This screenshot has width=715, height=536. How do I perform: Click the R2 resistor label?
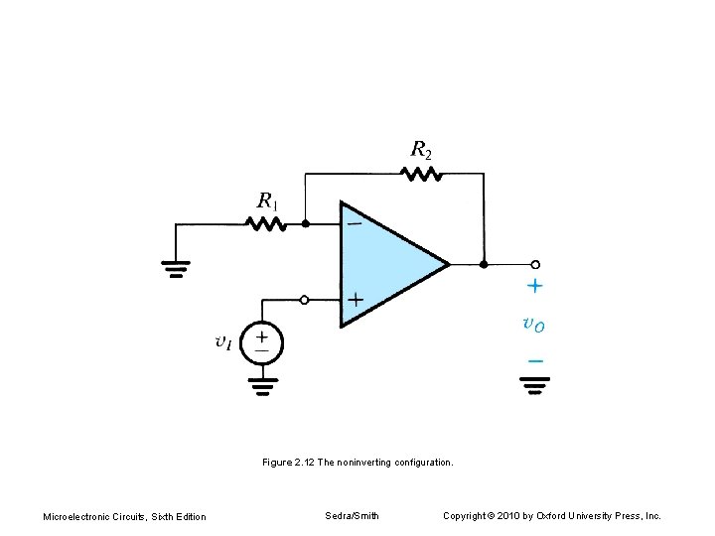click(422, 150)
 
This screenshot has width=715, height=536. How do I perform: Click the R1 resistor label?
click(268, 201)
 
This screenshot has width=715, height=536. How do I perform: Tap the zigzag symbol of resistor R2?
click(421, 174)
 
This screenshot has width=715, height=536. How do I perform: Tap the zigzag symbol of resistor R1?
click(267, 224)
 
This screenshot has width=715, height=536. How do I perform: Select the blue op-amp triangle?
click(387, 264)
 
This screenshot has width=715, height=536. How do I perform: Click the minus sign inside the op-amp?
click(355, 223)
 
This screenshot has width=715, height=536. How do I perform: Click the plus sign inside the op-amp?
click(355, 298)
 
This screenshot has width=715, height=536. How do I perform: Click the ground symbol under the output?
click(535, 385)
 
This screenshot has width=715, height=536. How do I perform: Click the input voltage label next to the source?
click(223, 342)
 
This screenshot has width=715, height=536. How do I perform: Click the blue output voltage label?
click(533, 324)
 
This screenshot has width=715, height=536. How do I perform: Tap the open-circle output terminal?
click(535, 264)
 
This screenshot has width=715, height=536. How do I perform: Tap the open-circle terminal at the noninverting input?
click(304, 299)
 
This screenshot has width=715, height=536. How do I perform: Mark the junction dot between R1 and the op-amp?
click(305, 224)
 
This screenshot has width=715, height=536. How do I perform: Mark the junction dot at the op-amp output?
click(484, 264)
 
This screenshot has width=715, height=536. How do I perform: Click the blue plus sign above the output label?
click(534, 287)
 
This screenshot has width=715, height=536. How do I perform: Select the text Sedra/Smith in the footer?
click(352, 515)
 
